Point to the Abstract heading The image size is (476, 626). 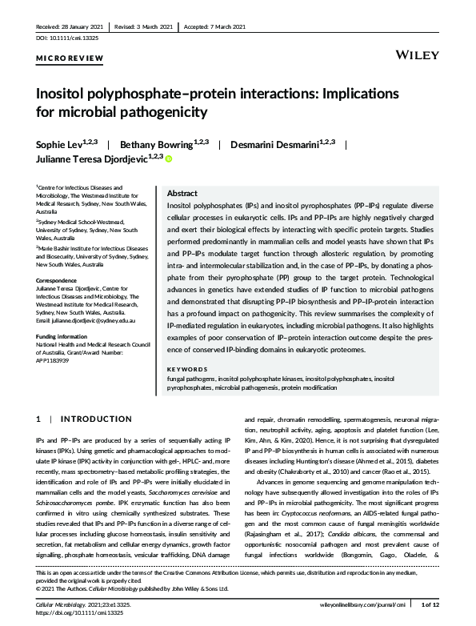182,194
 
